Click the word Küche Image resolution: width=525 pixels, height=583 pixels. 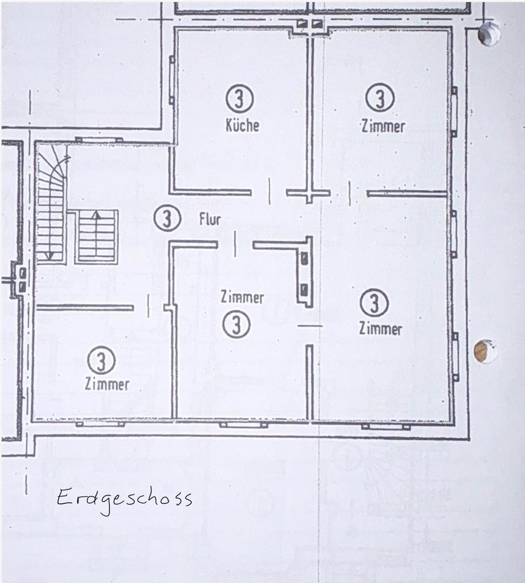tap(242, 125)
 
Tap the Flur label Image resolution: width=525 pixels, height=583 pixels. tap(210, 219)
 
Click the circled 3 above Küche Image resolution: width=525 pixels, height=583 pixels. tap(239, 98)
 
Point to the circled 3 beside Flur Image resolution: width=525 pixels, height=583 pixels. tap(167, 218)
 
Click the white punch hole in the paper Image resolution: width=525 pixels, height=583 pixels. tap(489, 33)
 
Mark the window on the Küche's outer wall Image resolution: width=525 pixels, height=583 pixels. tap(171, 80)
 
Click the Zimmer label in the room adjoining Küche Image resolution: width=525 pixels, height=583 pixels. tap(383, 126)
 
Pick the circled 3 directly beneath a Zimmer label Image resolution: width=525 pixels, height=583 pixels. tap(236, 324)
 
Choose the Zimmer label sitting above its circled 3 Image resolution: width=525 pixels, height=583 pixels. tap(242, 298)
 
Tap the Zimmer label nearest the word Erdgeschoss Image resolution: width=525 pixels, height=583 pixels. tap(107, 384)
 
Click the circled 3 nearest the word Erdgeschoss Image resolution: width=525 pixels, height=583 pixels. tap(101, 360)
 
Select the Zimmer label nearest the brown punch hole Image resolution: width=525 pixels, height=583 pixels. tap(380, 329)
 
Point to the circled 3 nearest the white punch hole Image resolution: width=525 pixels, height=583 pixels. tap(380, 97)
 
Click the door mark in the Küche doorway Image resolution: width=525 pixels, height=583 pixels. tap(269, 191)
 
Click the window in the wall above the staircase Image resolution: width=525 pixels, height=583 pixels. tap(98, 140)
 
